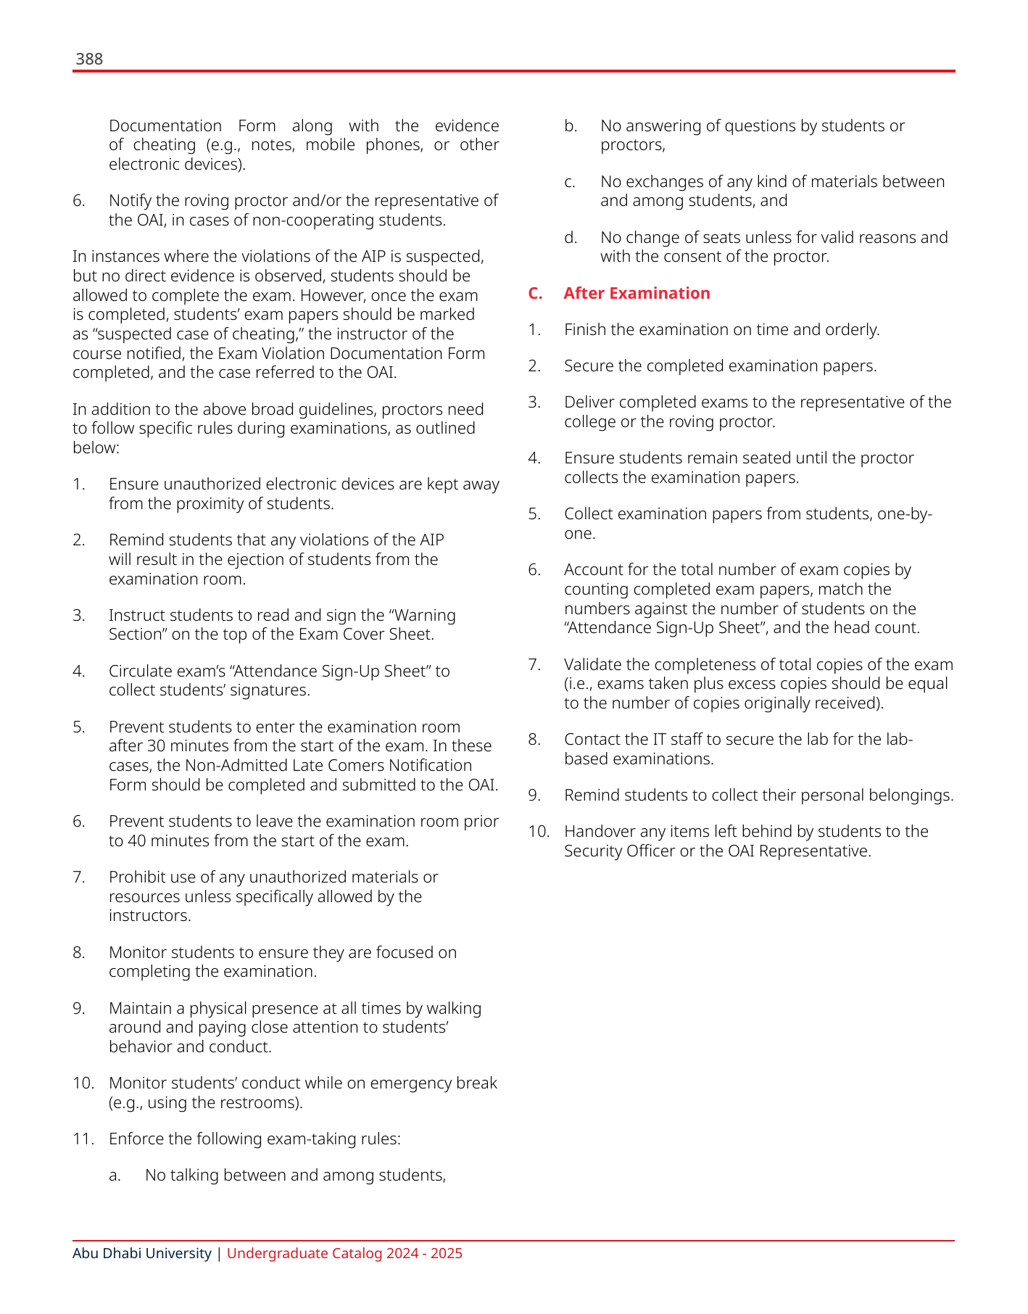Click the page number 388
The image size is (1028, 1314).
(x=89, y=59)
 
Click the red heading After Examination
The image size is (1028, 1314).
(x=637, y=293)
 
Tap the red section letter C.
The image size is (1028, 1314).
(x=535, y=293)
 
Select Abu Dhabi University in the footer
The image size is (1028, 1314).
(x=141, y=1253)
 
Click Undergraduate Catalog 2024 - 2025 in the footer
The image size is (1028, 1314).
(x=344, y=1253)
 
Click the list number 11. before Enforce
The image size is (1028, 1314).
(x=83, y=1139)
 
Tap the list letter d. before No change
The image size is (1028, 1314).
(x=571, y=238)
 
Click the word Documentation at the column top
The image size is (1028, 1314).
(x=165, y=126)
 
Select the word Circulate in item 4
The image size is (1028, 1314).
(x=141, y=672)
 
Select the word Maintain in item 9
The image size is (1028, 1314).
(x=139, y=1009)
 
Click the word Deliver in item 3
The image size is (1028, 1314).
(x=586, y=402)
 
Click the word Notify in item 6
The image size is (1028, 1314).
(x=130, y=201)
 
